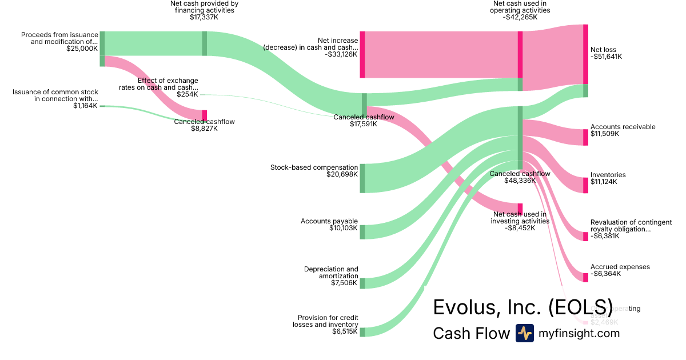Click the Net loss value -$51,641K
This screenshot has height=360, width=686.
click(x=606, y=57)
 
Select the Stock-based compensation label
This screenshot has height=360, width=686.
click(x=314, y=167)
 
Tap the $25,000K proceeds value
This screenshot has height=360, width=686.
click(x=82, y=49)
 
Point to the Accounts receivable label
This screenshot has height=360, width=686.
click(x=623, y=127)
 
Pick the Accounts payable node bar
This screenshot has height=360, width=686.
click(x=362, y=232)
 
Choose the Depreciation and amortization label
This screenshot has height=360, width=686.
click(x=331, y=272)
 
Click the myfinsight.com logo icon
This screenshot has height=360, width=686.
click(x=524, y=333)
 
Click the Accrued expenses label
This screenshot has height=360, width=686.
click(x=620, y=267)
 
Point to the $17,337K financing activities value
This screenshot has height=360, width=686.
click(x=204, y=17)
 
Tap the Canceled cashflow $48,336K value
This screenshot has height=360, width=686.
click(x=519, y=181)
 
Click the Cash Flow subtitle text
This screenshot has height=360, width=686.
click(x=471, y=333)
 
